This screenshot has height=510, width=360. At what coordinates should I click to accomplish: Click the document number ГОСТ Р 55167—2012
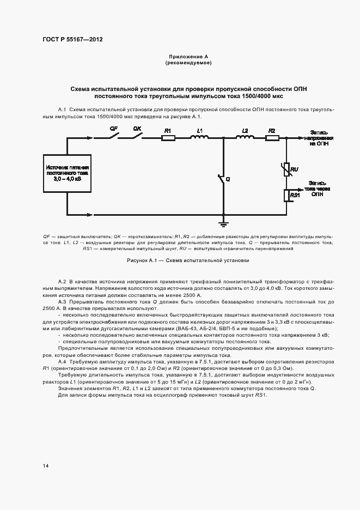(x=72, y=40)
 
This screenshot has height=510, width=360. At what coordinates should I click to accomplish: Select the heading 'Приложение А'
(x=188, y=57)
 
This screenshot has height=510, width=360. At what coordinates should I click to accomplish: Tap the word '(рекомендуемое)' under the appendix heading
(x=188, y=63)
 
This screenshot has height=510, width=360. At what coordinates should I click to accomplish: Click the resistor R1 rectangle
(x=168, y=138)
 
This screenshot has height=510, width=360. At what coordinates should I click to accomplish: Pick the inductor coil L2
(x=245, y=137)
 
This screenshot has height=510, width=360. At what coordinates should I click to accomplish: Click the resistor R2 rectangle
(x=272, y=138)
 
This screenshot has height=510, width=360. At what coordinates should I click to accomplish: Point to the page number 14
(x=46, y=465)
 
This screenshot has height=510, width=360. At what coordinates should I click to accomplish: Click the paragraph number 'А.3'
(x=62, y=301)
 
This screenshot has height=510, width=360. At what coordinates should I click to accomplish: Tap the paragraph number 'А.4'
(x=62, y=362)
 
